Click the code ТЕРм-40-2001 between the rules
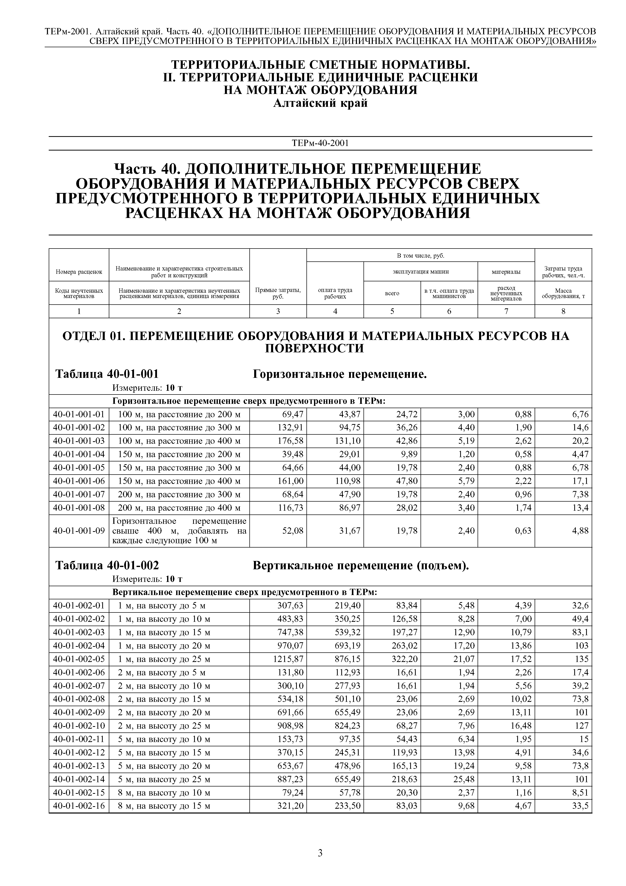tap(320, 143)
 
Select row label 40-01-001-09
tap(79, 531)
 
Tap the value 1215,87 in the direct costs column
tap(289, 659)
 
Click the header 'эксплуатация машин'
tap(421, 272)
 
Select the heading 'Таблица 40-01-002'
tap(107, 565)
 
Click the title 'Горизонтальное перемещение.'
tap(340, 374)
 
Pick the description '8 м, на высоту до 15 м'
tap(164, 806)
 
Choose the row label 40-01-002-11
tap(79, 739)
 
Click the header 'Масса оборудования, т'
tap(563, 293)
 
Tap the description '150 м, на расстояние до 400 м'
tap(179, 481)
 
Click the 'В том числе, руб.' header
tap(421, 255)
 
